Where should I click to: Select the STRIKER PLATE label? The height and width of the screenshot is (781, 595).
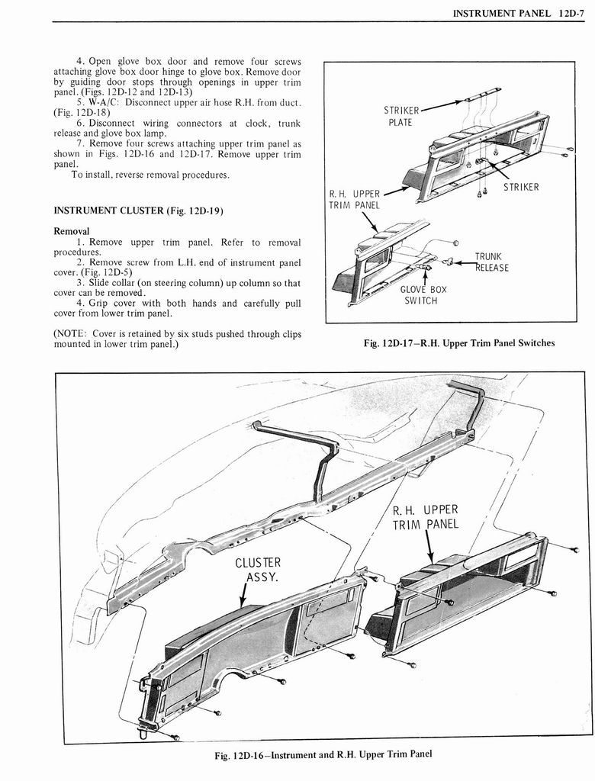(x=400, y=116)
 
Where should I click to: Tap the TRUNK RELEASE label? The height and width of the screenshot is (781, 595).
(x=491, y=262)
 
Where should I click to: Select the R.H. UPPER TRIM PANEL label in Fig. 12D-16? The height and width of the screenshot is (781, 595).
(x=425, y=518)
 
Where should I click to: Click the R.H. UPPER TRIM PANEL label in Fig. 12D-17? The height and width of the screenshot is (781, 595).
(x=355, y=199)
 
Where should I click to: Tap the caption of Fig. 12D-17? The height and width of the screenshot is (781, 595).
(x=460, y=342)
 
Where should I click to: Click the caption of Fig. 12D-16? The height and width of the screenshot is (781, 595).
(x=324, y=754)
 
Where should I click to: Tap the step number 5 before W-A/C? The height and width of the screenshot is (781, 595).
(x=79, y=102)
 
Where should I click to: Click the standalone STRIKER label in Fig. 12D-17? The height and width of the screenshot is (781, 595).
(x=520, y=187)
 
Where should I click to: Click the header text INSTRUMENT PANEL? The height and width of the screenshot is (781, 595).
(x=500, y=13)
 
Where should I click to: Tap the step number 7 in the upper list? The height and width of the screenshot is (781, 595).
(x=79, y=143)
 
